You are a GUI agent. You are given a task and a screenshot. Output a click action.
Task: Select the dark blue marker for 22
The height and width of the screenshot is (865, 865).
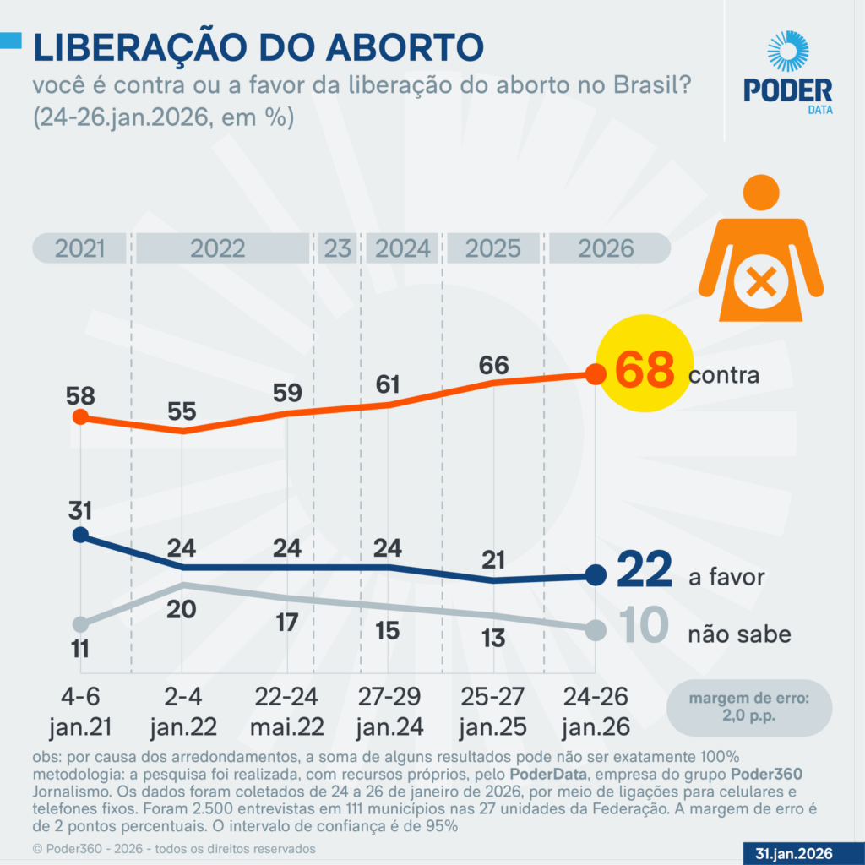coord(595,576)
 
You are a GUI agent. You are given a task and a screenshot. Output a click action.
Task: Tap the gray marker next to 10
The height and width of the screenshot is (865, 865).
coord(595,630)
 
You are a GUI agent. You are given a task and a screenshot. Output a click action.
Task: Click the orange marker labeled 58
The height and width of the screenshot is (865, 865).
coord(80,416)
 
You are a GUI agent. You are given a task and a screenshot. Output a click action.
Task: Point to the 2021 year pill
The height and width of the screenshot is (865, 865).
coord(80,248)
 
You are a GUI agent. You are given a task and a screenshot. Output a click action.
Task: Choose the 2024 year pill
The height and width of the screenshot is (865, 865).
coord(402,248)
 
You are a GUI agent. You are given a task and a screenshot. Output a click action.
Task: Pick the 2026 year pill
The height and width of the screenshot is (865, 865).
coord(606,248)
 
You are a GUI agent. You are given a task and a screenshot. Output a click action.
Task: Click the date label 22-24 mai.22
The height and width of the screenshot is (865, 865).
coord(288,711)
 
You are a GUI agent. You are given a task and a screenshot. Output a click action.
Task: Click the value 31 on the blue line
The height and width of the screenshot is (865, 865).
coord(80,510)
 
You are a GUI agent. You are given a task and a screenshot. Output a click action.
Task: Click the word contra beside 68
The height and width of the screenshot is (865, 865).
coord(724,375)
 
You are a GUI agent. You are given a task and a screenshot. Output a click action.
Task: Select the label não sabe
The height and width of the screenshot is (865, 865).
coord(740,634)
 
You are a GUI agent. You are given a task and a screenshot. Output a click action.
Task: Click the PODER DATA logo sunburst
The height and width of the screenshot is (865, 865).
coord(787,52)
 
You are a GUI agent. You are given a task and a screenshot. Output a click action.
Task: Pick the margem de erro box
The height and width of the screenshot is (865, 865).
coord(748,707)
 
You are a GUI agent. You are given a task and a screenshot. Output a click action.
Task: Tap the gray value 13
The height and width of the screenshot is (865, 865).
coord(494,638)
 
